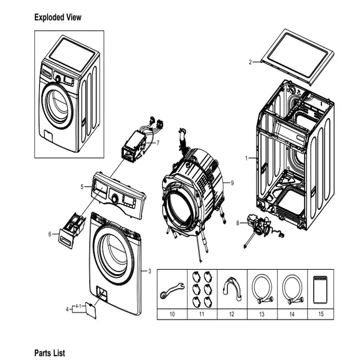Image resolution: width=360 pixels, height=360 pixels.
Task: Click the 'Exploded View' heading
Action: click(57, 17)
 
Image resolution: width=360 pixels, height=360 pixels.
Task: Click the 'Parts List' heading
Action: click(49, 353)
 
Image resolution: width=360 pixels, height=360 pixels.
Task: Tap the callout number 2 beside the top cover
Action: click(250, 62)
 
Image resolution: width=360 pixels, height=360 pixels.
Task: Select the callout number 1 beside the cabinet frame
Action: click(247, 158)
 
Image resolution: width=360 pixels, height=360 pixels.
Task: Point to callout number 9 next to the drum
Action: click(232, 182)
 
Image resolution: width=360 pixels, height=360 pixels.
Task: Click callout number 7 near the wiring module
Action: click(158, 143)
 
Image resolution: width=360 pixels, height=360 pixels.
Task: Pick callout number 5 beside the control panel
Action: click(82, 186)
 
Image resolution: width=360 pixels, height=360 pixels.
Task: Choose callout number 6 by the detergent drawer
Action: click(50, 234)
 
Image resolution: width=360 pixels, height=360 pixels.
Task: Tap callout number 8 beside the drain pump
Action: click(237, 222)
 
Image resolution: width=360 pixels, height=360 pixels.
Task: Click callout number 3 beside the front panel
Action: click(149, 271)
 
